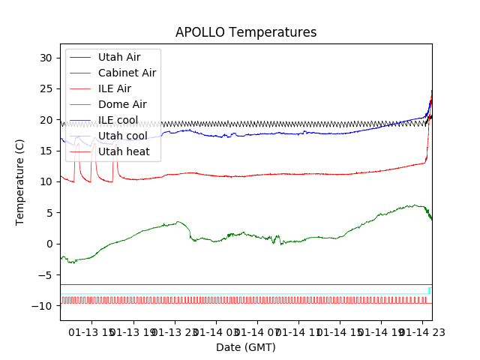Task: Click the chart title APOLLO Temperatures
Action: pos(246,33)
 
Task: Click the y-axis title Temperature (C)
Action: pos(20,182)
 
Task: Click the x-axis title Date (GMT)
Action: pos(246,347)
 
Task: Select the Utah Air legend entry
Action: pos(118,57)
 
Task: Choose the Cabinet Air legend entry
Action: pos(127,73)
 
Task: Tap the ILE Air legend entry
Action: pos(114,88)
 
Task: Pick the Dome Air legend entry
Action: pos(122,104)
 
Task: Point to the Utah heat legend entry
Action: pos(124,152)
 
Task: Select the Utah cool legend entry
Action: pos(122,136)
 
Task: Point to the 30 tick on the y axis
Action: pos(46,58)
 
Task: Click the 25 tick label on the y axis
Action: pos(46,89)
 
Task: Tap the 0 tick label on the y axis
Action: pos(49,244)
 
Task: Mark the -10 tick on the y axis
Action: pos(43,306)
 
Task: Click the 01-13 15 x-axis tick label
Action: pos(94,331)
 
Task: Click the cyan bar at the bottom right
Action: pos(430,290)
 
